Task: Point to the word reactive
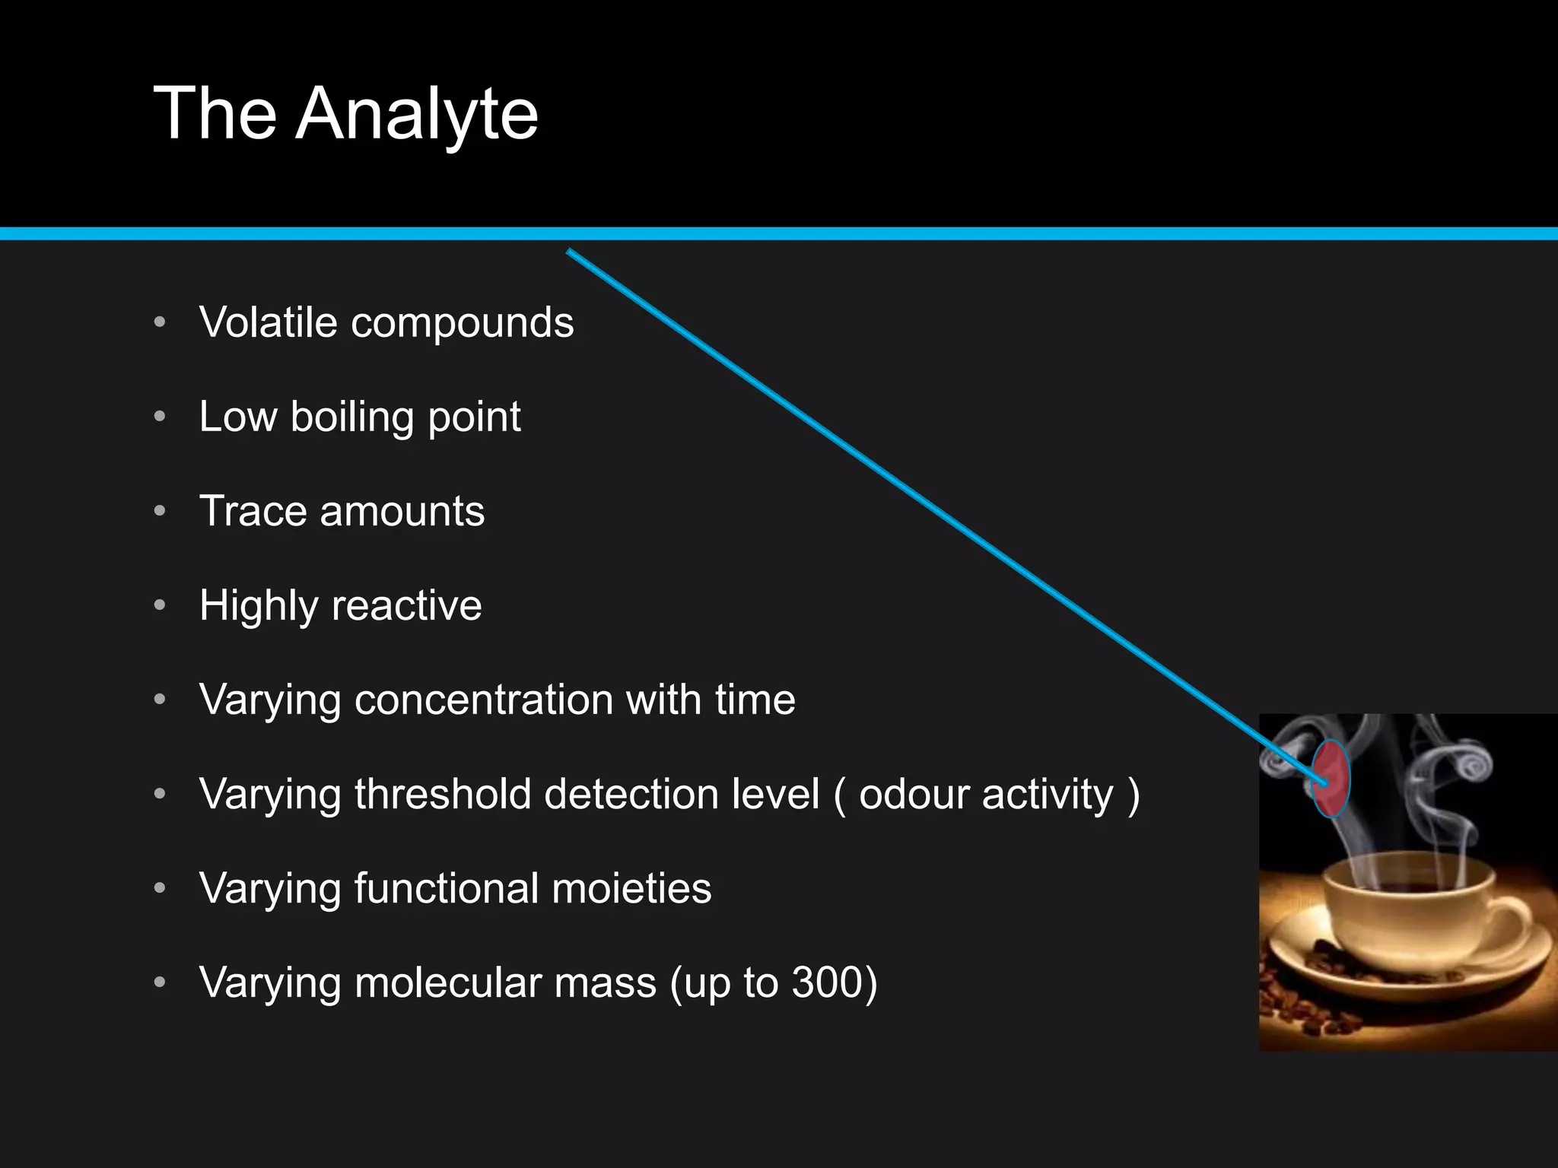coord(406,606)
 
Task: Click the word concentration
coord(484,700)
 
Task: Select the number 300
coord(825,982)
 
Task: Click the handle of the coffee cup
coord(1510,920)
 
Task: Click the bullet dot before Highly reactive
coord(160,605)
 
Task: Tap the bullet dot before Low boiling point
coord(160,417)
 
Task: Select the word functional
coord(447,888)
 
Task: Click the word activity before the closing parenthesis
coord(1048,795)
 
